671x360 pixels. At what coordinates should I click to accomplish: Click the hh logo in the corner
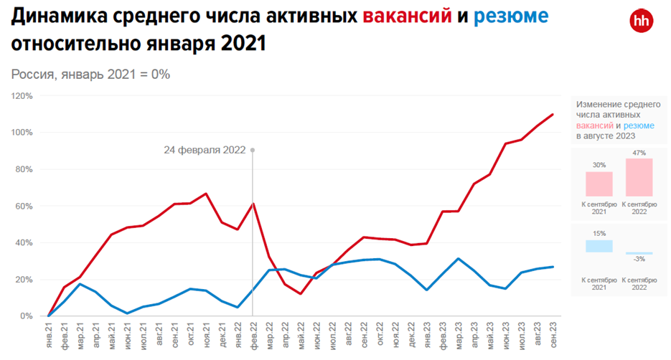click(641, 21)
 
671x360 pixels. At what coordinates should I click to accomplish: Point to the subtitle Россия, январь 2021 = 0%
click(90, 74)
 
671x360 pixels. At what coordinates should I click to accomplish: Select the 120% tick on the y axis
click(22, 96)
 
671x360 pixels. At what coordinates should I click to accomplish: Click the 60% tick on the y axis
click(24, 207)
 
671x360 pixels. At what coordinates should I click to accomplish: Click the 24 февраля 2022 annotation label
click(205, 150)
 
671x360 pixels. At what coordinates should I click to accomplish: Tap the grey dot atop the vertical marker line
click(253, 150)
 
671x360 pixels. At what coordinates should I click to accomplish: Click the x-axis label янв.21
click(48, 336)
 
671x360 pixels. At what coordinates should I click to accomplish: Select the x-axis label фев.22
click(253, 336)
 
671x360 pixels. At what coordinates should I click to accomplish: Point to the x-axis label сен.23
click(552, 336)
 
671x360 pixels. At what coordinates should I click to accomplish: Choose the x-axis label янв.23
click(426, 336)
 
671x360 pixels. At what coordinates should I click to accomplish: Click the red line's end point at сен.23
click(553, 114)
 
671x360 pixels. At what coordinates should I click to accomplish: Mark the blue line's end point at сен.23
click(553, 267)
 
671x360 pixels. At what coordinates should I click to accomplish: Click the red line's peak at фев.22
click(253, 204)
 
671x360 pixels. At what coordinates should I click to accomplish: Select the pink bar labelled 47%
click(639, 177)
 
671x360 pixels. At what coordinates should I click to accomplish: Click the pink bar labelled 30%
click(599, 184)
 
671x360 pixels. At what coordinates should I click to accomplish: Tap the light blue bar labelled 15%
click(599, 246)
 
